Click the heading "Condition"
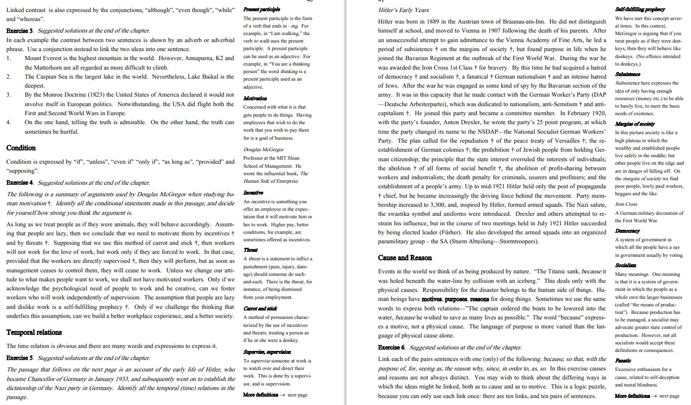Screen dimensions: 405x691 [21, 148]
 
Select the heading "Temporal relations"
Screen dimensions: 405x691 [34, 332]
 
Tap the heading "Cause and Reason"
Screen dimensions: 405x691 [405, 258]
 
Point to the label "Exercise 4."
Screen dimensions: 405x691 [20, 182]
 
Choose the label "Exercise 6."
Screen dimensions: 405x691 [392, 347]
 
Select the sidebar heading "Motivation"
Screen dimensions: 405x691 [254, 99]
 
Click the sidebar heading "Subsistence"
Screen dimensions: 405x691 [628, 73]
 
